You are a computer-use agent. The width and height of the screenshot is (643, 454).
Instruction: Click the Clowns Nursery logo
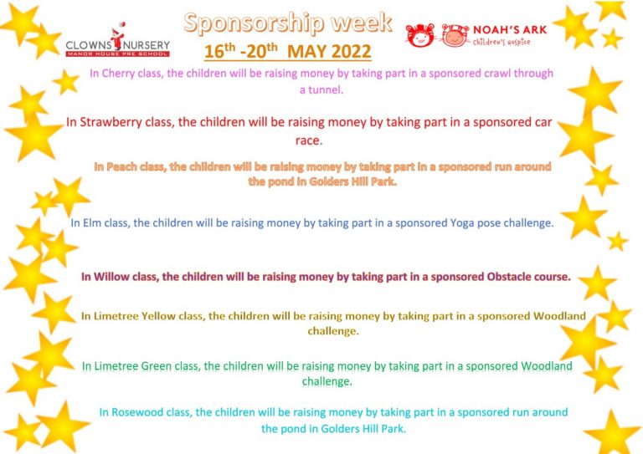(118, 40)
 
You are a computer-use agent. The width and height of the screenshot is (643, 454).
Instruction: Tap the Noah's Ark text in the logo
(510, 30)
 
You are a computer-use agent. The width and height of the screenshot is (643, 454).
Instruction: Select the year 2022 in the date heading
(351, 52)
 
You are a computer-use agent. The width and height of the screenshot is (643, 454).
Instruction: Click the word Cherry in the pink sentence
(118, 74)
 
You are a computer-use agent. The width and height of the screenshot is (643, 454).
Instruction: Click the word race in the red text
(309, 140)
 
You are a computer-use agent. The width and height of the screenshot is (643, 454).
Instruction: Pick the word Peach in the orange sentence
(121, 167)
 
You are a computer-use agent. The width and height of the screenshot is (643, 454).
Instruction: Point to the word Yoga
(462, 223)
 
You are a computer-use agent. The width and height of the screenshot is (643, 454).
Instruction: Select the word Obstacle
(509, 277)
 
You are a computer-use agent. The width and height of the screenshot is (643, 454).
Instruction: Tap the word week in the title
(362, 23)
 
